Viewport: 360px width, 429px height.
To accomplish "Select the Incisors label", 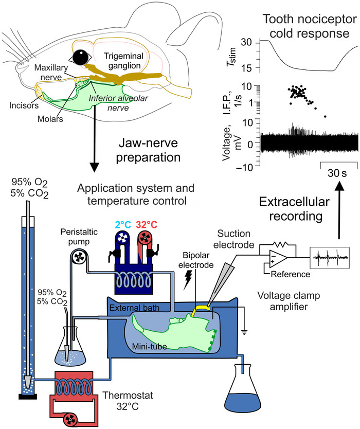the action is click(x=24, y=105).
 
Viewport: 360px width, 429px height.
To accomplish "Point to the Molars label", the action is click(x=50, y=119).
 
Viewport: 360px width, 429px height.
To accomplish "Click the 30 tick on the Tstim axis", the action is click(x=246, y=42).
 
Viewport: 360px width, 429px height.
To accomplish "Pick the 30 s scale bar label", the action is click(x=337, y=173).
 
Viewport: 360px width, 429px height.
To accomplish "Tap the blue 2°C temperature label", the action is click(x=123, y=225).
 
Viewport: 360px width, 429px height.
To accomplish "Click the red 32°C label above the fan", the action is click(x=147, y=225).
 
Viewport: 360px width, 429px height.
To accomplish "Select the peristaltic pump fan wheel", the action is click(x=79, y=258).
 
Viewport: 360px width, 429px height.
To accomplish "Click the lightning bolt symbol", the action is click(x=188, y=280).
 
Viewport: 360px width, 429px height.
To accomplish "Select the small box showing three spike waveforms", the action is click(x=329, y=258).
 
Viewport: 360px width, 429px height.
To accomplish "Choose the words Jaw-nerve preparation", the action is click(x=148, y=150).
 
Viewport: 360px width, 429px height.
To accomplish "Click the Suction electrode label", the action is click(x=234, y=239).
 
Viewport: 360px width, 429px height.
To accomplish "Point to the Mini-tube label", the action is click(x=149, y=347).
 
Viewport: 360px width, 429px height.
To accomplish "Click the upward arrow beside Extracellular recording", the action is click(x=339, y=210).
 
